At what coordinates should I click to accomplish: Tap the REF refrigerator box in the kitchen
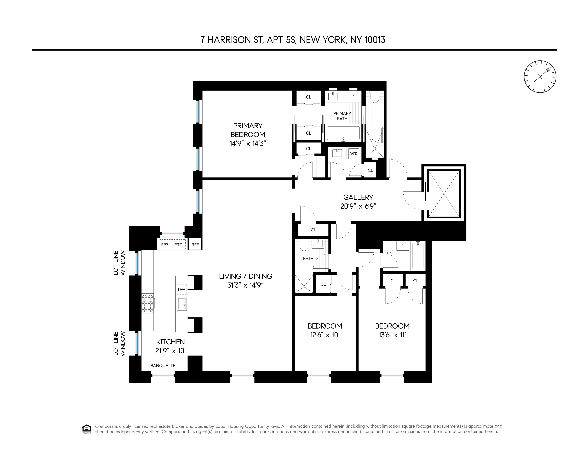tap(195, 245)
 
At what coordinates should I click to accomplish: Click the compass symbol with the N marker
tap(540, 77)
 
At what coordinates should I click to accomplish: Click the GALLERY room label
tap(358, 197)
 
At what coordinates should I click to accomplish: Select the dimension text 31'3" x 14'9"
tap(246, 285)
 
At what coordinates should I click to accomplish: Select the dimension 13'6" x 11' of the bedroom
tap(392, 335)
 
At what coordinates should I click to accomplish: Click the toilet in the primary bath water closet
tap(374, 97)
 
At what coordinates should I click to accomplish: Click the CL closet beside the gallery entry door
tap(370, 170)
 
